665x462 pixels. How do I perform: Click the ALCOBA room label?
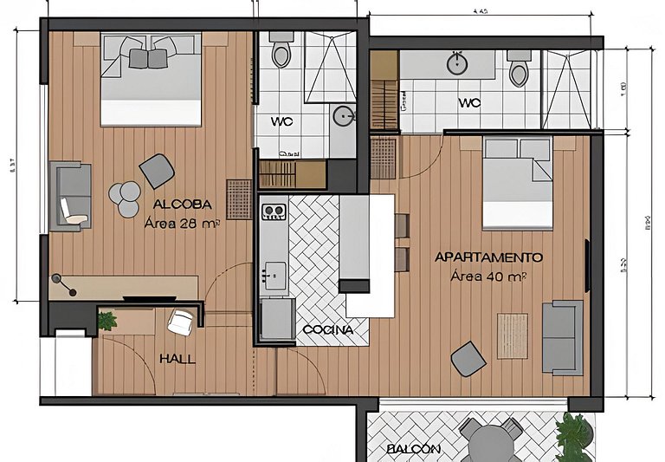[x=182, y=204]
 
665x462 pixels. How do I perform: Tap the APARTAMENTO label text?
[x=488, y=257]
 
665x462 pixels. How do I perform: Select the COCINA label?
[x=327, y=330]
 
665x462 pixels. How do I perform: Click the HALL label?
[x=177, y=359]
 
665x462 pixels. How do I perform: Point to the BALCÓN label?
[x=414, y=449]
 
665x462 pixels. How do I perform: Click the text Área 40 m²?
[x=489, y=277]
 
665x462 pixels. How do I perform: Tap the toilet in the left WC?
[x=281, y=54]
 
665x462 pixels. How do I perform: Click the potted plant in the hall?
[x=107, y=321]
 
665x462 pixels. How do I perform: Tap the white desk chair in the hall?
[x=180, y=322]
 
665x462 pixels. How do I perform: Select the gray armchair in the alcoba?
[x=156, y=170]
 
